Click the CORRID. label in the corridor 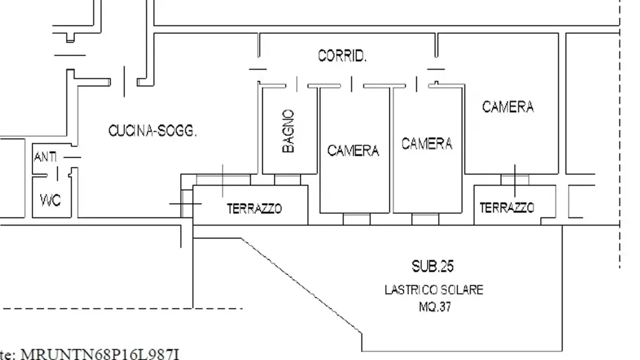342,56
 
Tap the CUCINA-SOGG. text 152,131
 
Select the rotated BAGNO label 288,131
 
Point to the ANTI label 45,157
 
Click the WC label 51,201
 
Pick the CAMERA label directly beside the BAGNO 353,151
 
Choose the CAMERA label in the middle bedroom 427,144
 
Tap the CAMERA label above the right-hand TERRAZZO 507,107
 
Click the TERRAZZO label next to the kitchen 254,209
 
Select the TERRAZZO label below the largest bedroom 506,208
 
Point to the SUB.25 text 432,266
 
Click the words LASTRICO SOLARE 434,290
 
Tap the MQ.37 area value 435,306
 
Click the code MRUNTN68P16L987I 100,354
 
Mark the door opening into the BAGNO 297,84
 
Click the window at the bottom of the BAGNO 287,179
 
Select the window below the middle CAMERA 425,219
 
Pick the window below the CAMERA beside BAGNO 357,219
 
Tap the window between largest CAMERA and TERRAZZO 515,179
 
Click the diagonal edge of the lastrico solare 302,286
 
